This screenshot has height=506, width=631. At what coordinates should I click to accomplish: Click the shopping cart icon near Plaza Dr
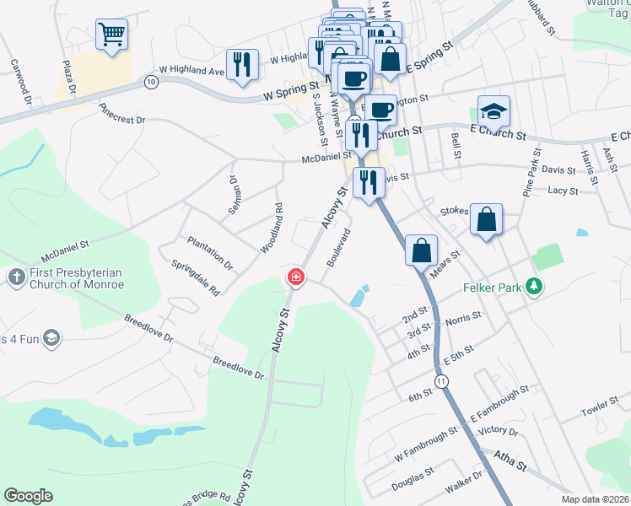pos(111,35)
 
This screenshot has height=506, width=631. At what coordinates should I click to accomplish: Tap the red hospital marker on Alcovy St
pos(295,276)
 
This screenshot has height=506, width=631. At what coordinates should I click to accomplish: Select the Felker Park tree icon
pos(533,287)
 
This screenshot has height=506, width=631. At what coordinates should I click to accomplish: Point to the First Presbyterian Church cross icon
pos(16,277)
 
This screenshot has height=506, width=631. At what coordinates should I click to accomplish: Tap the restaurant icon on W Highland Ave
pos(243,65)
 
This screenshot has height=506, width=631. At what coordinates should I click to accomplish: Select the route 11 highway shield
pos(441,382)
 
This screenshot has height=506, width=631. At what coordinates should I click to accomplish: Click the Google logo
pos(28,496)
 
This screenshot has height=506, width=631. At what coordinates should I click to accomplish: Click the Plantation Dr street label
pos(210,251)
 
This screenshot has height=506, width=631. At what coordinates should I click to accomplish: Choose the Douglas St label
pos(413,481)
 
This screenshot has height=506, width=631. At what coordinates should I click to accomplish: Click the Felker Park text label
pos(493,287)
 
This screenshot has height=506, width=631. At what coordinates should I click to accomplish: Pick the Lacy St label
pos(562,191)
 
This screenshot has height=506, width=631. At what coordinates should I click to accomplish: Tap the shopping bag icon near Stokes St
pos(487,221)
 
